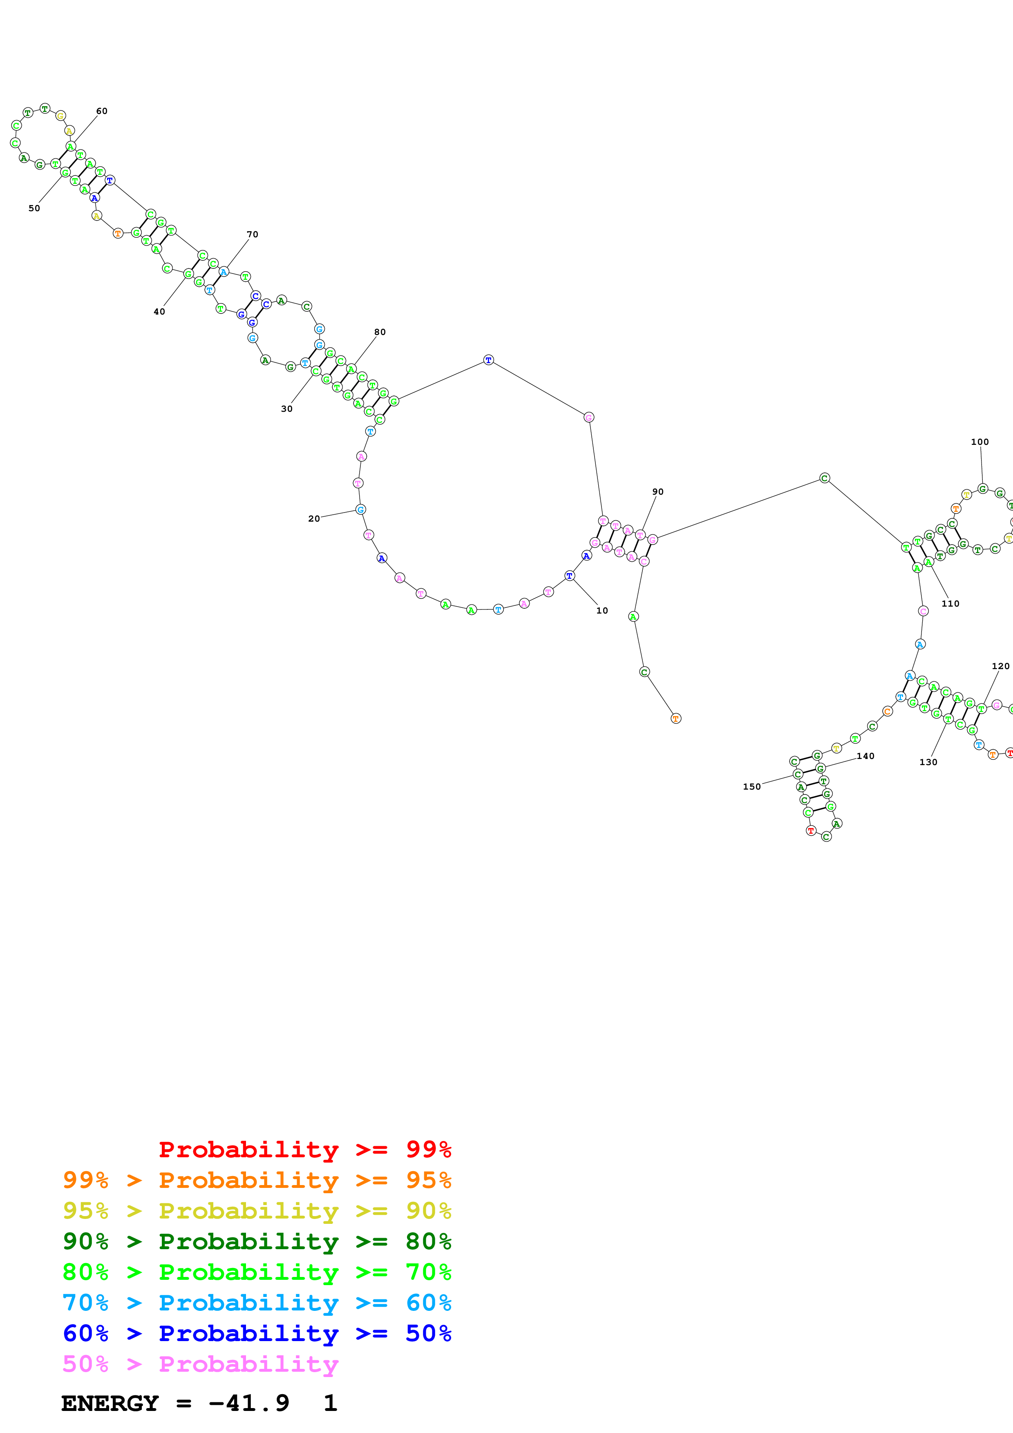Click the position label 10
[602, 610]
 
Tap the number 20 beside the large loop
[314, 519]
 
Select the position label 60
[102, 111]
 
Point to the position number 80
[380, 332]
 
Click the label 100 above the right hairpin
[980, 442]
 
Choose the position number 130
[928, 762]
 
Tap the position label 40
[159, 311]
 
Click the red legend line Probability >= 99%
[304, 1150]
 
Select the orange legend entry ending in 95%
[257, 1180]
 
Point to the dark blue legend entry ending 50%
[257, 1333]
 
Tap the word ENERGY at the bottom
[110, 1403]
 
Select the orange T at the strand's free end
[675, 719]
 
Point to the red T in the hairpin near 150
[811, 831]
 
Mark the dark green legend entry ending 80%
[257, 1241]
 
